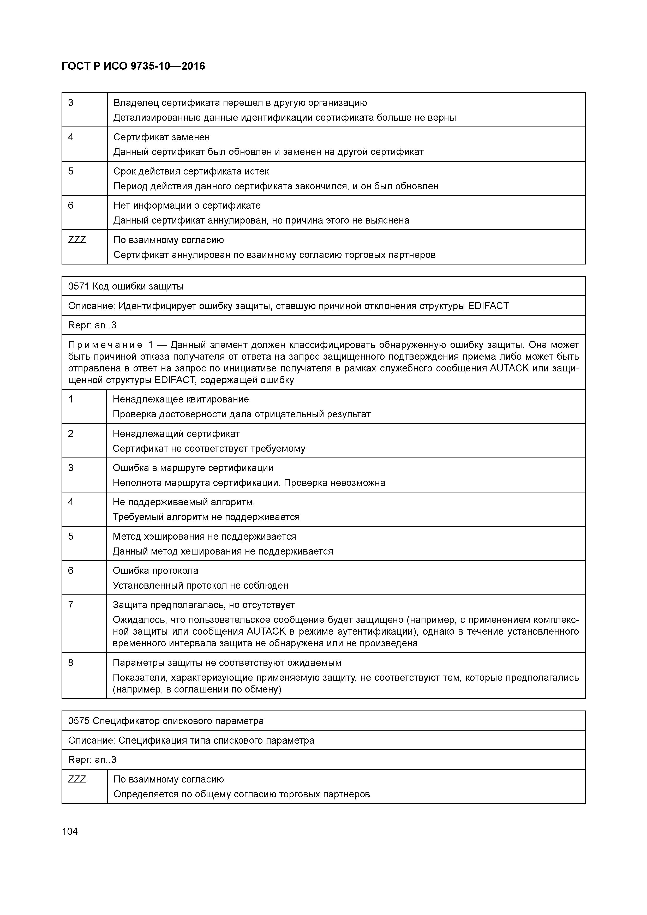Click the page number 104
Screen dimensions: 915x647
tap(70, 831)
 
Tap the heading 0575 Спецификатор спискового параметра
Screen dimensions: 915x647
tap(166, 721)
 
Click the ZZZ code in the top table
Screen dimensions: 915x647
tap(77, 240)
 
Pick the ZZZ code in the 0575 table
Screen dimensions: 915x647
tap(77, 779)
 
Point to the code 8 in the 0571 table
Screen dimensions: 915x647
tap(71, 663)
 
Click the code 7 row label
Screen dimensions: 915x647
tap(71, 605)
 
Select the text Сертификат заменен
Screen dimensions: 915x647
tap(161, 137)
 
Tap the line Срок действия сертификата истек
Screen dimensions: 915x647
tap(191, 171)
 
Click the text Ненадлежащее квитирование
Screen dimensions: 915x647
tap(181, 399)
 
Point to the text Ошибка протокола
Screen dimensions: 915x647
tap(155, 571)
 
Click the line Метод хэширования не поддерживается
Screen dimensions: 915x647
tap(204, 537)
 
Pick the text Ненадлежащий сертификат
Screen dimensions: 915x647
tap(176, 434)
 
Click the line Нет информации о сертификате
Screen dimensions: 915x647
tap(187, 206)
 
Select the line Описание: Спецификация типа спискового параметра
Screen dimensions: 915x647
tap(191, 741)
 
